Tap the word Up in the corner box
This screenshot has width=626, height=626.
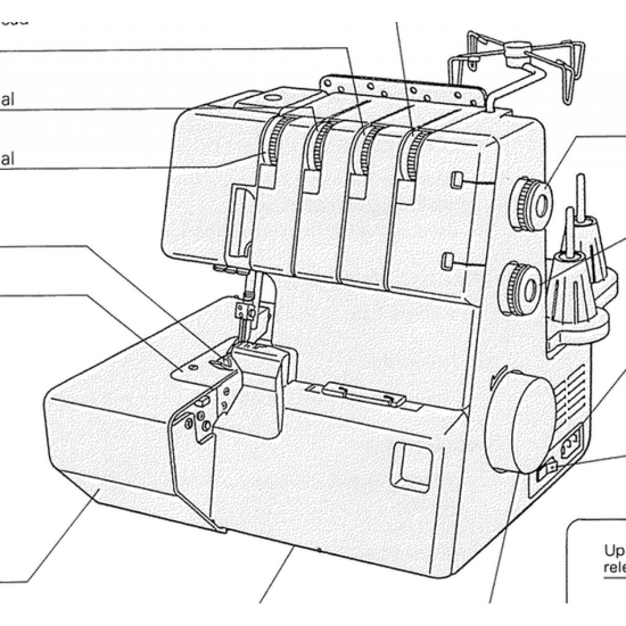pyautogui.click(x=613, y=550)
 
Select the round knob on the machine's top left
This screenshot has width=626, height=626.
pyautogui.click(x=271, y=96)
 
